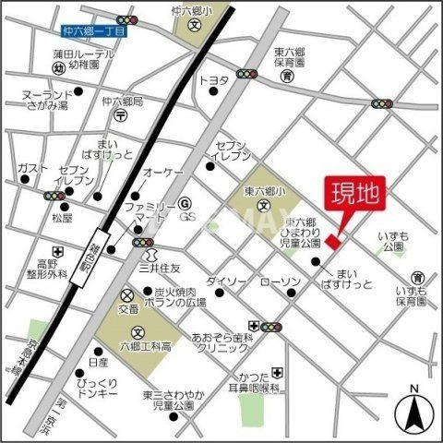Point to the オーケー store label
(167, 173)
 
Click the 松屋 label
(61, 219)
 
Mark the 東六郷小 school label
(262, 192)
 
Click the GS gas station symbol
(184, 204)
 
